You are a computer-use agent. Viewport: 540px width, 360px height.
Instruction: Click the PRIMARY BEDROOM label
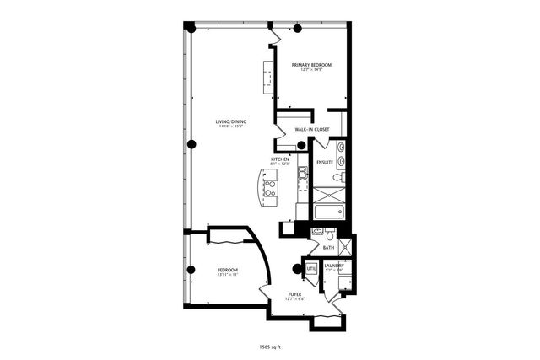(311, 65)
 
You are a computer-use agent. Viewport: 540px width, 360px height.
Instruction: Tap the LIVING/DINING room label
(230, 123)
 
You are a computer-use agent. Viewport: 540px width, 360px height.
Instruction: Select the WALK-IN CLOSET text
(311, 129)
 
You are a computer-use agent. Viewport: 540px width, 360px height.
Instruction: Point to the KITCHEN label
(280, 159)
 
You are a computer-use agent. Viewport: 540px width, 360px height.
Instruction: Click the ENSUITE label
(325, 161)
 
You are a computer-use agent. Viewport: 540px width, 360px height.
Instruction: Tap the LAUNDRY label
(334, 265)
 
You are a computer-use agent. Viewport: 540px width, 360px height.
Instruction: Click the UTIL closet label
(311, 268)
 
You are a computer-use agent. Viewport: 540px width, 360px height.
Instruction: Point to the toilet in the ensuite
(337, 177)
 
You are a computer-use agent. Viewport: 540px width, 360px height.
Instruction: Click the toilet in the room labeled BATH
(318, 233)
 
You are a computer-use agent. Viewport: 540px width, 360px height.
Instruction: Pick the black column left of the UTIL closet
(296, 270)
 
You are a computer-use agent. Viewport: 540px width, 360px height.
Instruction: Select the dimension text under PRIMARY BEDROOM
(311, 71)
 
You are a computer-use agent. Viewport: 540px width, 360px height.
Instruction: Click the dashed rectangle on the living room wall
(269, 78)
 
